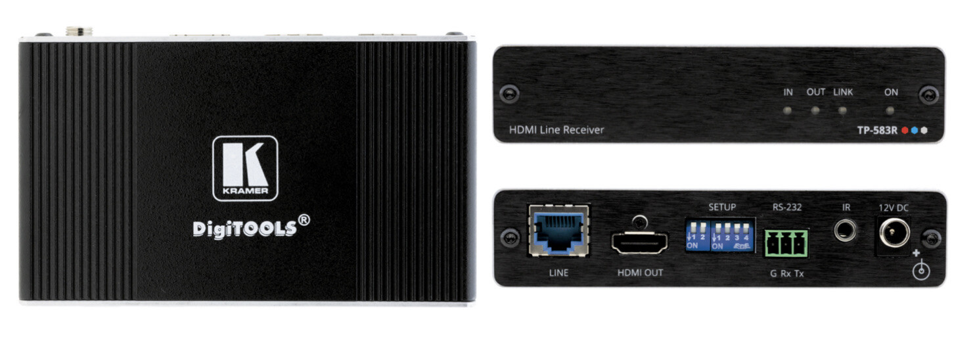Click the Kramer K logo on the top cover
[245, 168]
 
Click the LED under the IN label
[787, 110]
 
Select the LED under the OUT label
[815, 110]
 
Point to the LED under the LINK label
[842, 110]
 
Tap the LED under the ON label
[890, 110]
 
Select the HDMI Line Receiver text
[556, 130]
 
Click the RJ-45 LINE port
[558, 230]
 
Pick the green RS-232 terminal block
[786, 243]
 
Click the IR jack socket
[845, 231]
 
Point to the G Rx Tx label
[786, 273]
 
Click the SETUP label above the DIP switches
[721, 208]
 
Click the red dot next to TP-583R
[905, 130]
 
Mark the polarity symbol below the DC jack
[922, 269]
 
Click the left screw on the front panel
[509, 94]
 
